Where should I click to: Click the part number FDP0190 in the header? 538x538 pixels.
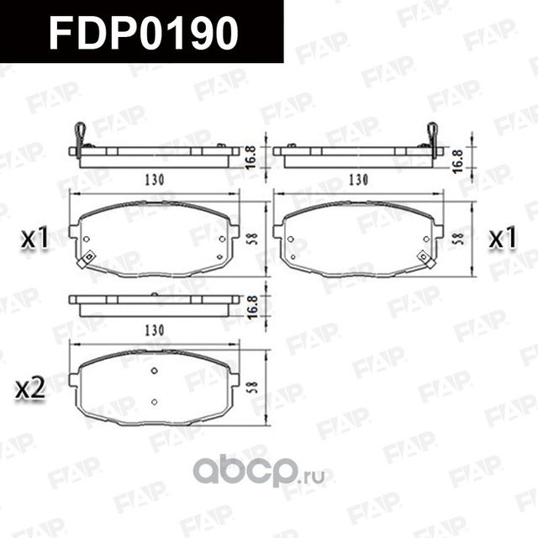coord(144,32)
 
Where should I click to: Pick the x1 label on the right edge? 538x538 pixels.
coord(502,239)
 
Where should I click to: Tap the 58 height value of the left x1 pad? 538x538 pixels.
coord(251,237)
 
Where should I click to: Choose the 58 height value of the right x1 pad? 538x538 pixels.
coord(457,237)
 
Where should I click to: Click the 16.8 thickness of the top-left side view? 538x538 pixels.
coord(251,155)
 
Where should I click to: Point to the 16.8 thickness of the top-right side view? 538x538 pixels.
coord(457,155)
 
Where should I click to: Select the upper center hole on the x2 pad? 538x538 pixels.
coord(154,372)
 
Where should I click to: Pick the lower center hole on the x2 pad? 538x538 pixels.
coord(154,401)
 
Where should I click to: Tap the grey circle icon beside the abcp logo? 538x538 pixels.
coord(203,470)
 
